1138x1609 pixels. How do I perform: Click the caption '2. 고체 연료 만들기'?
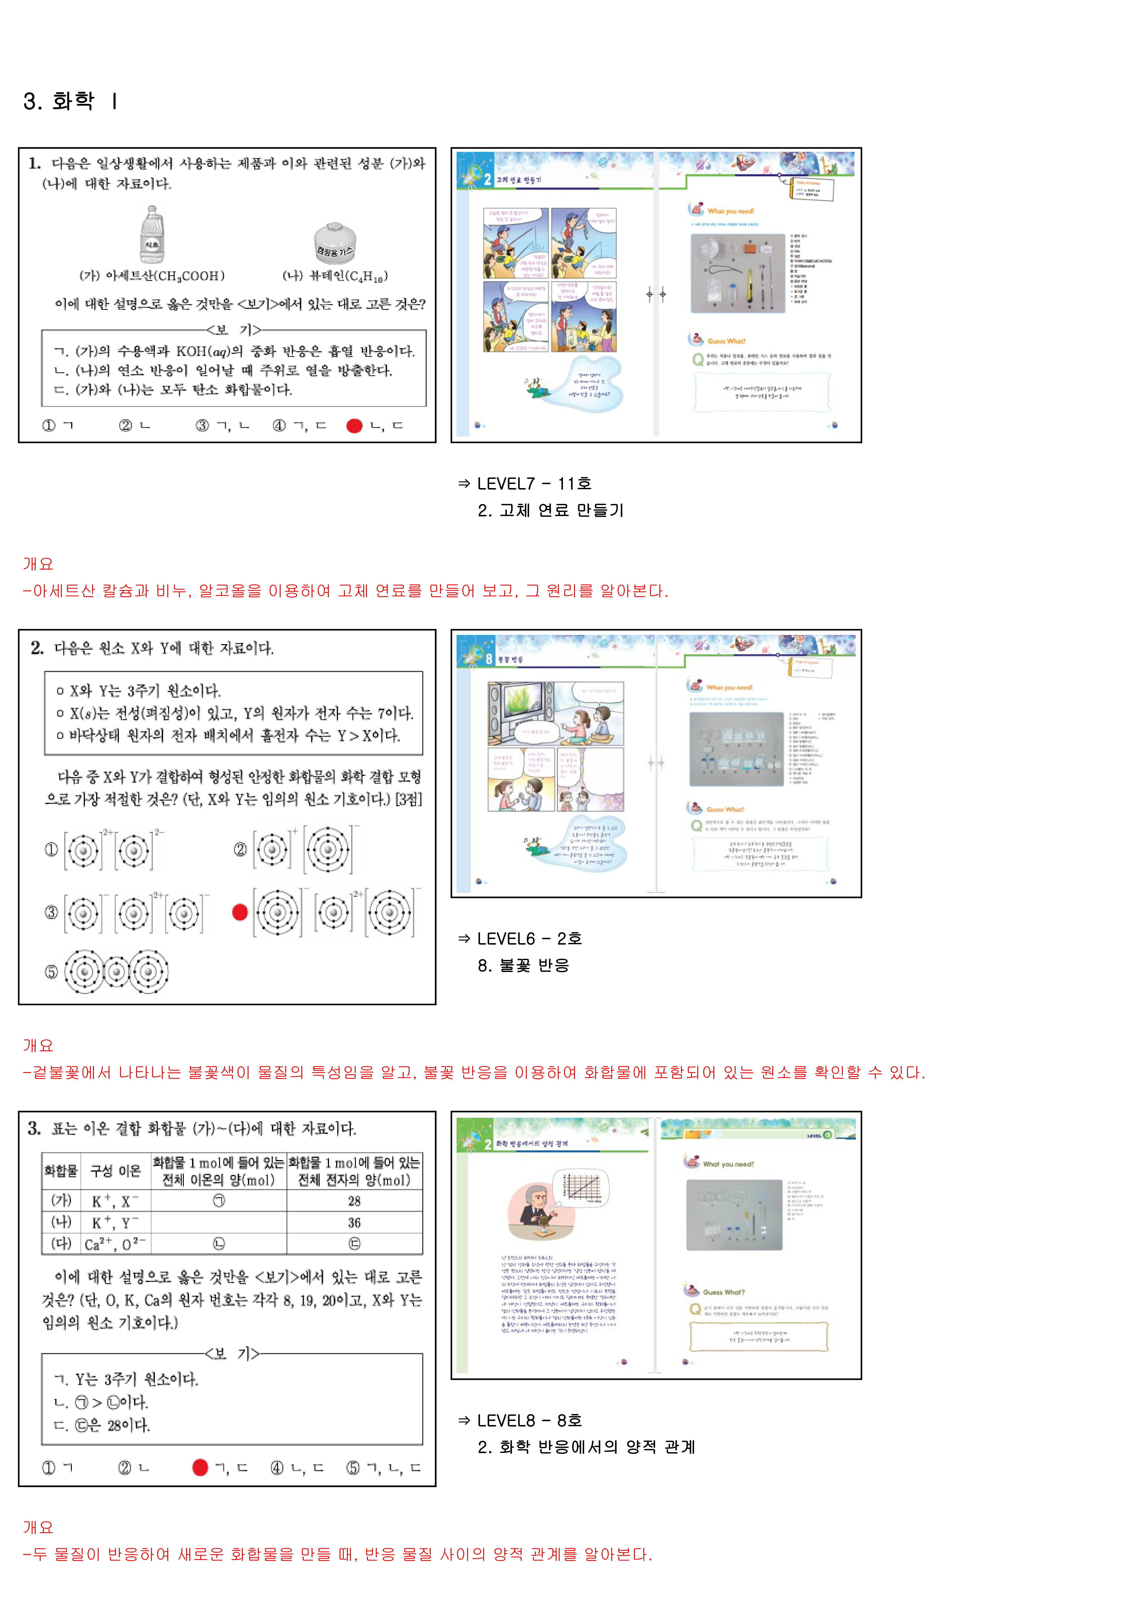550,510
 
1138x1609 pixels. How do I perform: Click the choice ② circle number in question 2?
240,849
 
